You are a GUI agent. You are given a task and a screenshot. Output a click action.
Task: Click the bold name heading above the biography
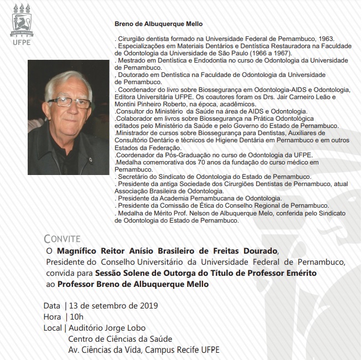click(x=159, y=24)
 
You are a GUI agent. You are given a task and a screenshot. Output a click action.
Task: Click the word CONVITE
click(x=64, y=239)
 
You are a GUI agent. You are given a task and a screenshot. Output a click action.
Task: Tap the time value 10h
click(x=76, y=317)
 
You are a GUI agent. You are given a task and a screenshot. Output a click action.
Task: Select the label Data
click(x=51, y=306)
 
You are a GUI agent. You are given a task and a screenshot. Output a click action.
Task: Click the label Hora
click(x=52, y=317)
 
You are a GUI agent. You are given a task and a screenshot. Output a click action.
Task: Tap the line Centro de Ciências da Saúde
click(x=120, y=339)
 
